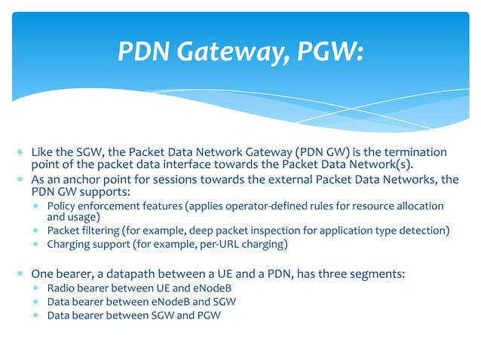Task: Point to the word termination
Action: point(415,152)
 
